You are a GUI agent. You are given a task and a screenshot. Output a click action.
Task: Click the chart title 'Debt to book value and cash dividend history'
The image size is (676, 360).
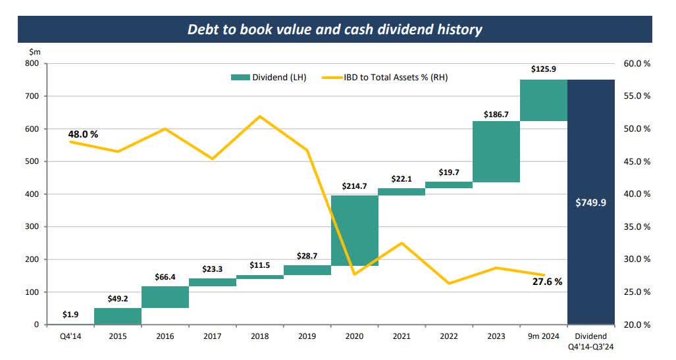pos(334,30)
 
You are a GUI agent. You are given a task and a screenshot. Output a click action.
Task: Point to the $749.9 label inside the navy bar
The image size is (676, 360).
pos(590,203)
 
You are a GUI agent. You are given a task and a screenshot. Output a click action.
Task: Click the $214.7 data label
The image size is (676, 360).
pos(354,186)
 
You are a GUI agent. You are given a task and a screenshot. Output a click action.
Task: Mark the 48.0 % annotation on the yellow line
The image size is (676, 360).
pos(83,134)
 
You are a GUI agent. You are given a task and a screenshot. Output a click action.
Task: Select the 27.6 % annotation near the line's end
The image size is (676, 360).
pos(547,282)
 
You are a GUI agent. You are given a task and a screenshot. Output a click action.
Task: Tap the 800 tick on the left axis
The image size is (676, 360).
pos(31,64)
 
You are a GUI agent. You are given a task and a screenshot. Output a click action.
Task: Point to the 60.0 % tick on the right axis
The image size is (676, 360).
pos(637,64)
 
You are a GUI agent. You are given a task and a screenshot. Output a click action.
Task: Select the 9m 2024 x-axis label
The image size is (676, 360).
pos(543,336)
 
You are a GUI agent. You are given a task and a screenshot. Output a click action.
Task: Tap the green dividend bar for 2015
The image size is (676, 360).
pos(118,316)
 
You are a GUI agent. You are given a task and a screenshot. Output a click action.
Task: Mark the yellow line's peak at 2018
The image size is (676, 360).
pos(259,116)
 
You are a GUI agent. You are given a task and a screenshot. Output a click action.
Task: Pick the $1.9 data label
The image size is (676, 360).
pos(71,314)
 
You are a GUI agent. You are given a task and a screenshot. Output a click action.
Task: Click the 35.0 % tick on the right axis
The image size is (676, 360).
pos(637,227)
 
